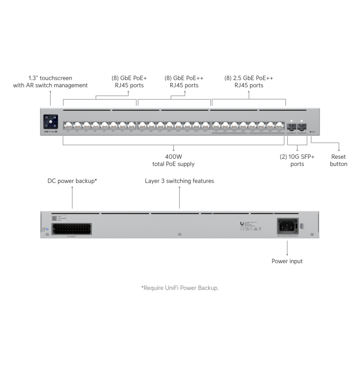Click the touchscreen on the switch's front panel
point(50,121)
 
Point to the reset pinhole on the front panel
point(310,131)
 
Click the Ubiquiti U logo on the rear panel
point(242,223)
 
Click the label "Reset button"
point(339,160)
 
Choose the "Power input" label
point(287,261)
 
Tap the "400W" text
point(174,157)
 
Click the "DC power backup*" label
point(72,181)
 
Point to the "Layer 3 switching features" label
point(179,181)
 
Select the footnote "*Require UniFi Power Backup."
point(180,287)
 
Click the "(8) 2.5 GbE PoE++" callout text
point(249,78)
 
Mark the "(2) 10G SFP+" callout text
point(297,157)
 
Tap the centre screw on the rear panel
point(179,235)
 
